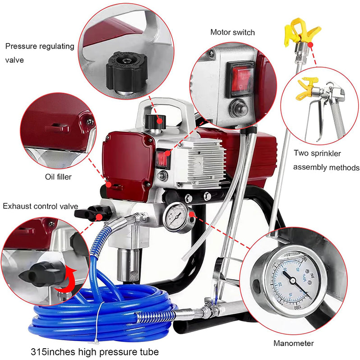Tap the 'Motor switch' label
point(232,32)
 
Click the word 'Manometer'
point(293,343)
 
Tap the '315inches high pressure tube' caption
point(95,351)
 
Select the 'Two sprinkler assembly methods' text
point(326,160)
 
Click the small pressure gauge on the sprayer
point(175,217)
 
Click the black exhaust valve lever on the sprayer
point(93,211)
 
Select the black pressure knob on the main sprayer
point(156,121)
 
